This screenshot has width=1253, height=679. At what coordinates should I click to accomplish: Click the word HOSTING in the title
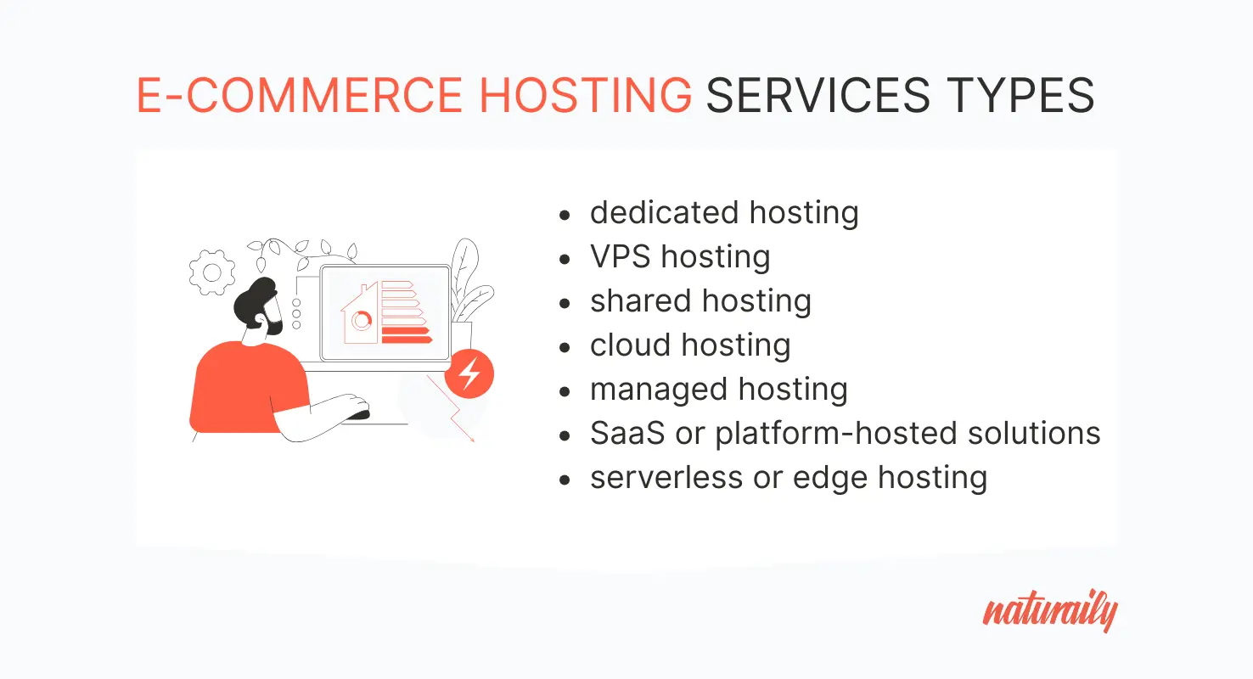pyautogui.click(x=586, y=95)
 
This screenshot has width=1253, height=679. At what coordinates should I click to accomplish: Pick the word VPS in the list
pyautogui.click(x=621, y=257)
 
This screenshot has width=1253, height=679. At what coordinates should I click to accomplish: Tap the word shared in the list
pyautogui.click(x=636, y=301)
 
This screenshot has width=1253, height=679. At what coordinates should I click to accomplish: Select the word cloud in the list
pyautogui.click(x=629, y=345)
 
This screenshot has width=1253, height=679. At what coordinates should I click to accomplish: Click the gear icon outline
pyautogui.click(x=211, y=272)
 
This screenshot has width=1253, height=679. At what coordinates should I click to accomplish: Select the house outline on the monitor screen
pyautogui.click(x=360, y=313)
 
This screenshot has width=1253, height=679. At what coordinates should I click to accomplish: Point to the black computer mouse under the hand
pyautogui.click(x=360, y=414)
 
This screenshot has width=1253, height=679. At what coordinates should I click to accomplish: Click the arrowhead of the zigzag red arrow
pyautogui.click(x=472, y=438)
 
